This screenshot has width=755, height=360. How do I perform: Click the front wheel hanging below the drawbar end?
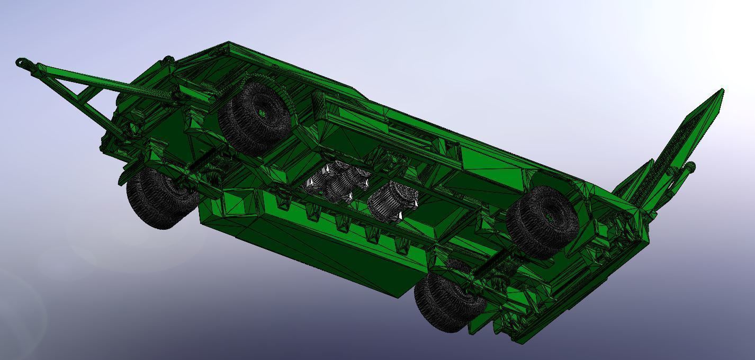[x=159, y=199]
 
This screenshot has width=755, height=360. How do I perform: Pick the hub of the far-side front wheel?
[x=262, y=113]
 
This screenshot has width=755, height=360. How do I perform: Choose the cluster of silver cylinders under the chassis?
[x=336, y=183]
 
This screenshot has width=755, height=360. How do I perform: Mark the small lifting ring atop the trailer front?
[x=168, y=60]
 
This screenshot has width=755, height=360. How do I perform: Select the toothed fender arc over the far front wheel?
[x=265, y=82]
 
